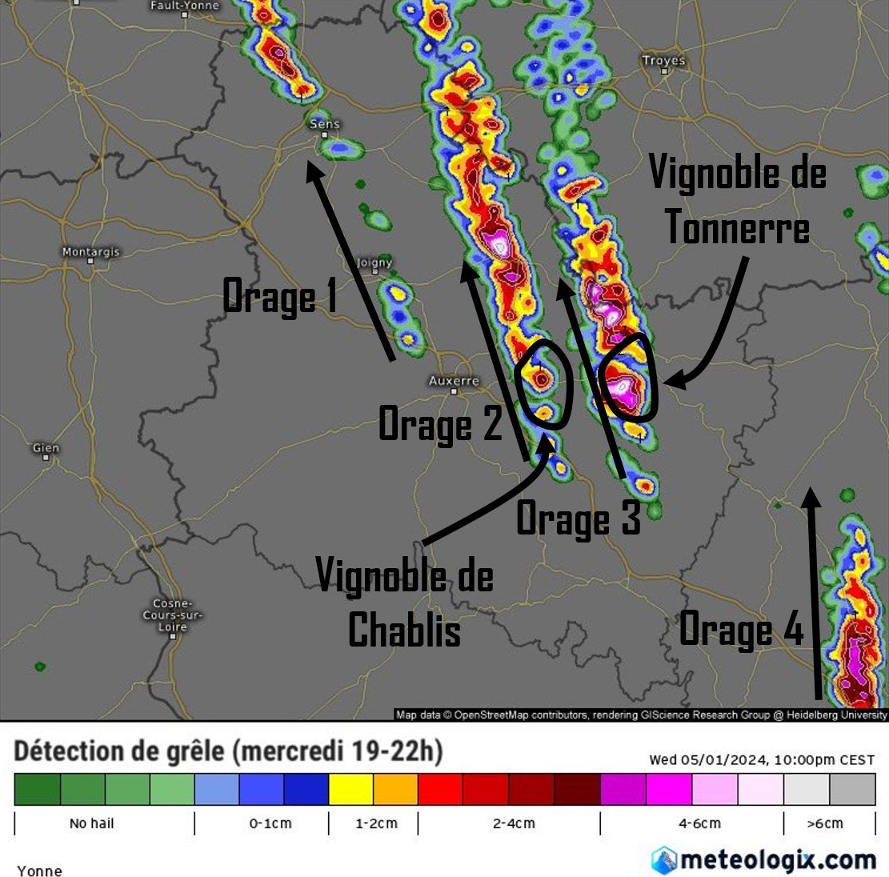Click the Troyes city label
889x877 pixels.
663,61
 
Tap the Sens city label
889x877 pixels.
324,124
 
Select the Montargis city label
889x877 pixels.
90,252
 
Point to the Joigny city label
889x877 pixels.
374,262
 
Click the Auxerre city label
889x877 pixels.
454,381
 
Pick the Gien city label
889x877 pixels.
46,448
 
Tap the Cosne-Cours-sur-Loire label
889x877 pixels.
172,615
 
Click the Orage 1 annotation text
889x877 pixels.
280,297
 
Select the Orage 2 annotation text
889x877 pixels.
440,424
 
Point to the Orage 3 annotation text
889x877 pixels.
579,519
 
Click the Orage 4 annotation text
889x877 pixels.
741,629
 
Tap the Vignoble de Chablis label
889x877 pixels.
405,603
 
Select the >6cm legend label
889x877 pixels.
824,823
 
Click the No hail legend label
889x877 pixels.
92,823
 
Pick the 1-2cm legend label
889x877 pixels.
376,823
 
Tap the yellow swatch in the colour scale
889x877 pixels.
350,789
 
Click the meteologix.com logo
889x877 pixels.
763,860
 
